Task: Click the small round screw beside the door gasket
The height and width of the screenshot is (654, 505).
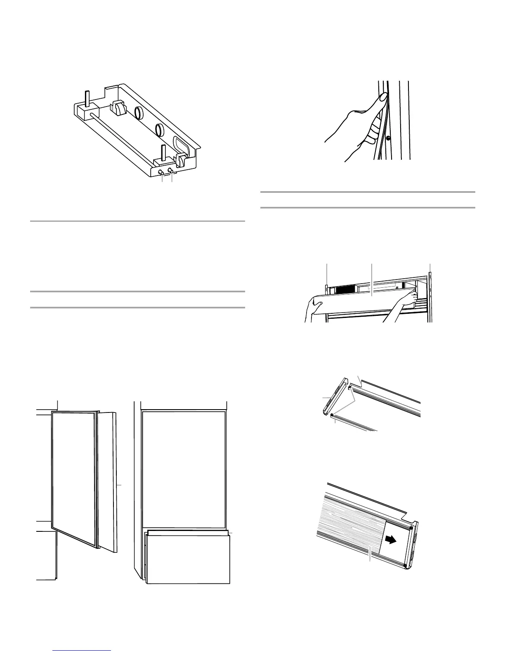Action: (388, 137)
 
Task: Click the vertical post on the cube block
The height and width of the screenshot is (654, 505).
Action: (87, 97)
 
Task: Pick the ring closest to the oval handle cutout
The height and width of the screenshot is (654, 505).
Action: (158, 130)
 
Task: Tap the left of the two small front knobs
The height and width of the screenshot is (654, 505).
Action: (161, 171)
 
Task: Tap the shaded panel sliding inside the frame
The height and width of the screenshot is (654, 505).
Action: (351, 533)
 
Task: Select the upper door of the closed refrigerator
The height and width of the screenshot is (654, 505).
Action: (184, 469)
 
